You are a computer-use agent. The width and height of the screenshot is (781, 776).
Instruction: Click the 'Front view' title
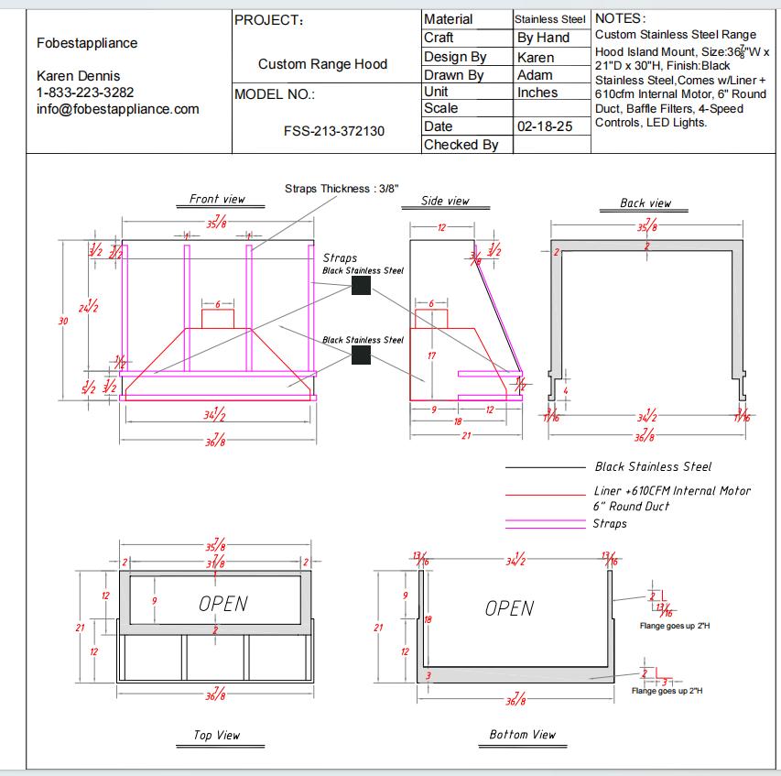click(217, 199)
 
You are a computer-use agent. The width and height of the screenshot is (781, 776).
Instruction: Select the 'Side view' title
click(445, 201)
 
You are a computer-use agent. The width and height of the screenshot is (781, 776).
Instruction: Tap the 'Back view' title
click(645, 202)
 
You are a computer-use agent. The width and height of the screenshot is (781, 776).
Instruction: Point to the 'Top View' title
click(217, 735)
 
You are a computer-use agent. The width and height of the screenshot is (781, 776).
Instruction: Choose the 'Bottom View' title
click(522, 734)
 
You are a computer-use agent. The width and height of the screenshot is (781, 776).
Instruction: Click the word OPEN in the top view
click(223, 603)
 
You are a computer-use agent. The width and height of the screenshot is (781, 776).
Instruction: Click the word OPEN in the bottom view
click(509, 608)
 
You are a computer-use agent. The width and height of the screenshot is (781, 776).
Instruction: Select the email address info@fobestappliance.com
click(118, 109)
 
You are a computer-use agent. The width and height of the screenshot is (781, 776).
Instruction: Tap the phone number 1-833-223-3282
click(85, 93)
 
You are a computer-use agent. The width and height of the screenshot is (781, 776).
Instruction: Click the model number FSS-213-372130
click(334, 131)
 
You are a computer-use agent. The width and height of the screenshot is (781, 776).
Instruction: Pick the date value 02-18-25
click(545, 126)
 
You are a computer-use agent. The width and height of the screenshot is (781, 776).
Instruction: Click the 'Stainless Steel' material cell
click(549, 19)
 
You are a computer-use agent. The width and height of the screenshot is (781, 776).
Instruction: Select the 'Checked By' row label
click(461, 144)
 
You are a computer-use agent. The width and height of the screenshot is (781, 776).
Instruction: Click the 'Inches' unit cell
click(537, 93)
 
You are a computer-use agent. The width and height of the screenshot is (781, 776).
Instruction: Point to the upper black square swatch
click(361, 286)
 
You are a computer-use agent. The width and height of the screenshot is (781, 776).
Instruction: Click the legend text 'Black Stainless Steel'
click(653, 467)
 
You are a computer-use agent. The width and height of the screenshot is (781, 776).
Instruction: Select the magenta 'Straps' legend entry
click(610, 523)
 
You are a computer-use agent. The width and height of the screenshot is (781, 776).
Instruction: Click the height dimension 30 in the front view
click(63, 321)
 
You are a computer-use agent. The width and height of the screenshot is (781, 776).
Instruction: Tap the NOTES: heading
click(620, 18)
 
